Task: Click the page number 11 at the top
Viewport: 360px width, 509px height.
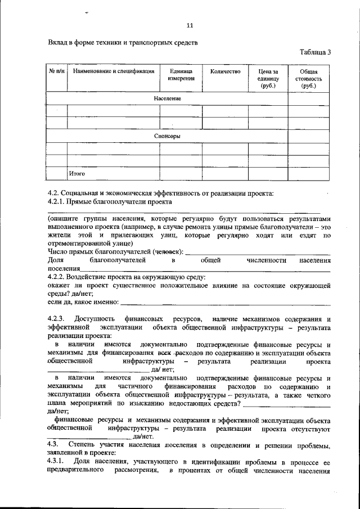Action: (190, 25)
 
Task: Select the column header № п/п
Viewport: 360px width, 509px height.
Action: (56, 72)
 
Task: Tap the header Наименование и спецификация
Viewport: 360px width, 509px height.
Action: (113, 72)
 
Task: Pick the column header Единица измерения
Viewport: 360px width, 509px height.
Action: (181, 75)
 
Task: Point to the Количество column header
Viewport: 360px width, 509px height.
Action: (225, 72)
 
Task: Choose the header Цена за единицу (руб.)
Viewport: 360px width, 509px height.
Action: (268, 79)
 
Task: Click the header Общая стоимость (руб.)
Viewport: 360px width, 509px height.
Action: (309, 79)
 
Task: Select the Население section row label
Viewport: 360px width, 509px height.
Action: (167, 99)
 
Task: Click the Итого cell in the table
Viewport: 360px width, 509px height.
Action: (77, 174)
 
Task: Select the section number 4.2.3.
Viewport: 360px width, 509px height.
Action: (57, 319)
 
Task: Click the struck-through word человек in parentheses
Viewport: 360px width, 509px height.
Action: (170, 252)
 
